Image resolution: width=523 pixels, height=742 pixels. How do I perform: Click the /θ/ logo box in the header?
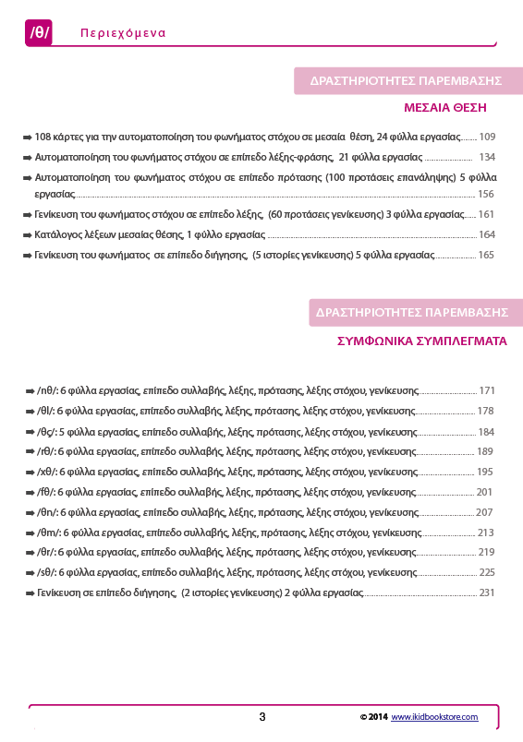(40, 32)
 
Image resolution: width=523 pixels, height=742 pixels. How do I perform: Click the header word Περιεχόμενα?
(123, 32)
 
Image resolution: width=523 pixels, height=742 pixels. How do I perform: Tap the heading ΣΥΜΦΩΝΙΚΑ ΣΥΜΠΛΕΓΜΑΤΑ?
(420, 341)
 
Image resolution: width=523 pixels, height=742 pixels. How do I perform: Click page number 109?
(488, 136)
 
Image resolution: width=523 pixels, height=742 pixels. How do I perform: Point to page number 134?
(486, 156)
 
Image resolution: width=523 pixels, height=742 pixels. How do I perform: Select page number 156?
(486, 194)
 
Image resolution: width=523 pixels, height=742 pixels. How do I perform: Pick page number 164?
(486, 234)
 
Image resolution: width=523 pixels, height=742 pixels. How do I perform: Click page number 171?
(487, 390)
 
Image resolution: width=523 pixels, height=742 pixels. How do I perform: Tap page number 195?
(485, 472)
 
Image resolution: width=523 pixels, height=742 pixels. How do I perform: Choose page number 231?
(487, 592)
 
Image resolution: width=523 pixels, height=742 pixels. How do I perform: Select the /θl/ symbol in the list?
(45, 411)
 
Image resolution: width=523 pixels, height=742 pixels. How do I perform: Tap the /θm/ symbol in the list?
(47, 533)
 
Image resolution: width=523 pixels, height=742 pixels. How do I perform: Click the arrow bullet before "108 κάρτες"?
(28, 136)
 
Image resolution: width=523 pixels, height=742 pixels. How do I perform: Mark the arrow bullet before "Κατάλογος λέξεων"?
(28, 234)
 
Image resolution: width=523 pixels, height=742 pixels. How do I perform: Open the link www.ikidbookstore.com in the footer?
(433, 716)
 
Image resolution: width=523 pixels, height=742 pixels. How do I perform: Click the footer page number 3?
(262, 716)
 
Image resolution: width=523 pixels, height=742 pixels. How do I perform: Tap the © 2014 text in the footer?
(373, 716)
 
